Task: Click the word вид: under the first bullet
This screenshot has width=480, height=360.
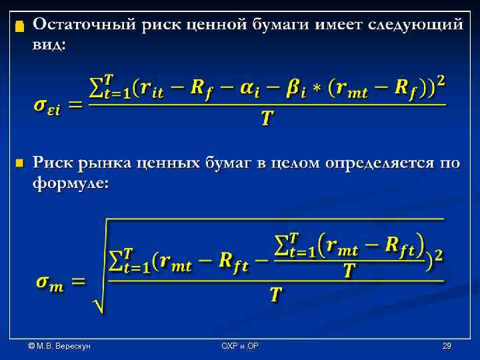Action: pyautogui.click(x=49, y=45)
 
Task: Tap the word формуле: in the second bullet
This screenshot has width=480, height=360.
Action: pyautogui.click(x=69, y=183)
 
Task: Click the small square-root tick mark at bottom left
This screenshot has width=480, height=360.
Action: pyautogui.click(x=97, y=305)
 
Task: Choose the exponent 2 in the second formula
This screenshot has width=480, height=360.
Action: pyautogui.click(x=438, y=254)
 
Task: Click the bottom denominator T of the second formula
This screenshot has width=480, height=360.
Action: pyautogui.click(x=275, y=295)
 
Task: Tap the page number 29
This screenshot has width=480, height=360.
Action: pyautogui.click(x=447, y=346)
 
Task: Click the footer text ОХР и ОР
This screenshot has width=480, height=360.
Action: pyautogui.click(x=240, y=346)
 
